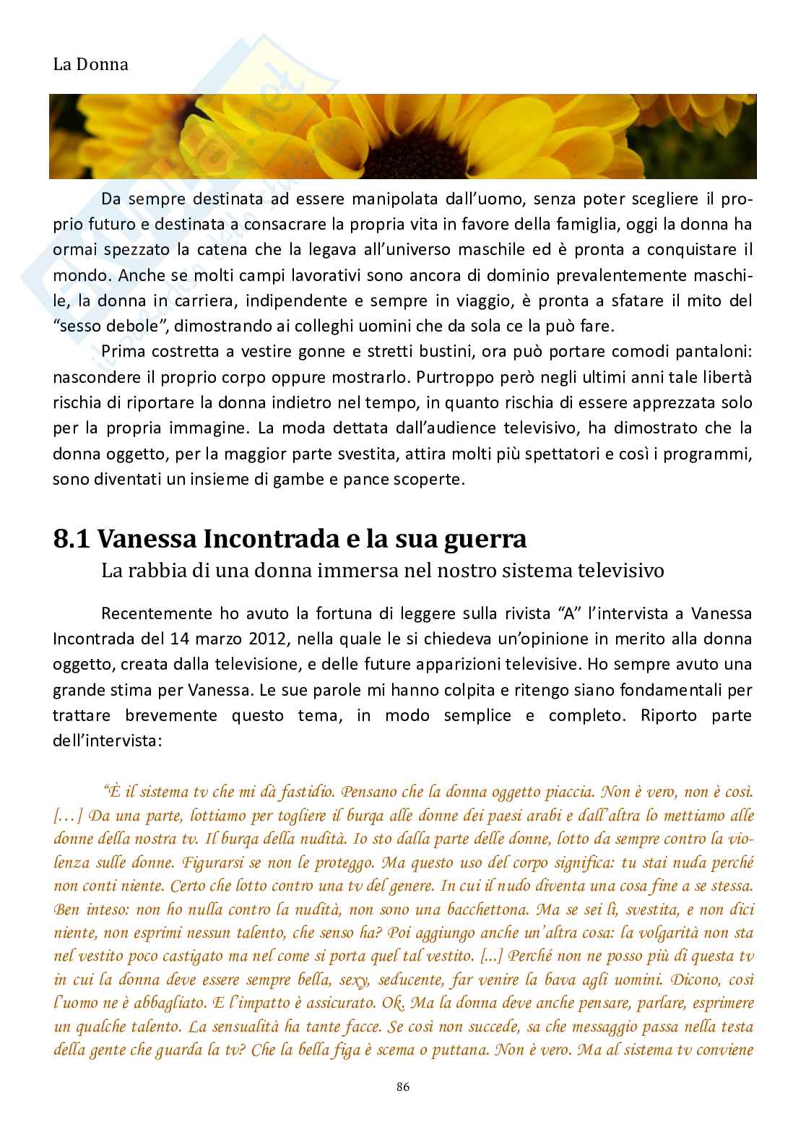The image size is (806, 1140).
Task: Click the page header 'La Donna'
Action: click(x=91, y=64)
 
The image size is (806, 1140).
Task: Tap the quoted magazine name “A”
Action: click(x=566, y=613)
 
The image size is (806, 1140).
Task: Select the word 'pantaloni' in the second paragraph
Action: click(x=717, y=350)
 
